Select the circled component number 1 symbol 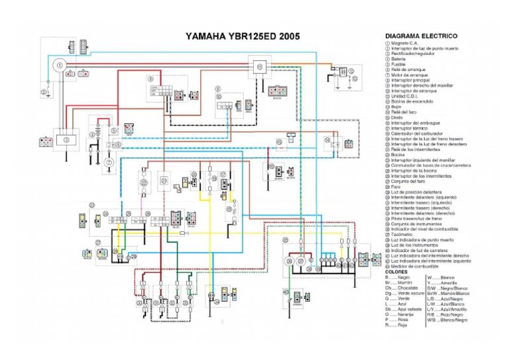coord(59,66)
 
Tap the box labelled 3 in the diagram coord(66,141)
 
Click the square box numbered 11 coord(259,67)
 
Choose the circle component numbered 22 coord(144,181)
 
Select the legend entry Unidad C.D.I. coord(403,96)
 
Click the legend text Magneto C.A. coord(404,43)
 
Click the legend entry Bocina coord(396,154)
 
